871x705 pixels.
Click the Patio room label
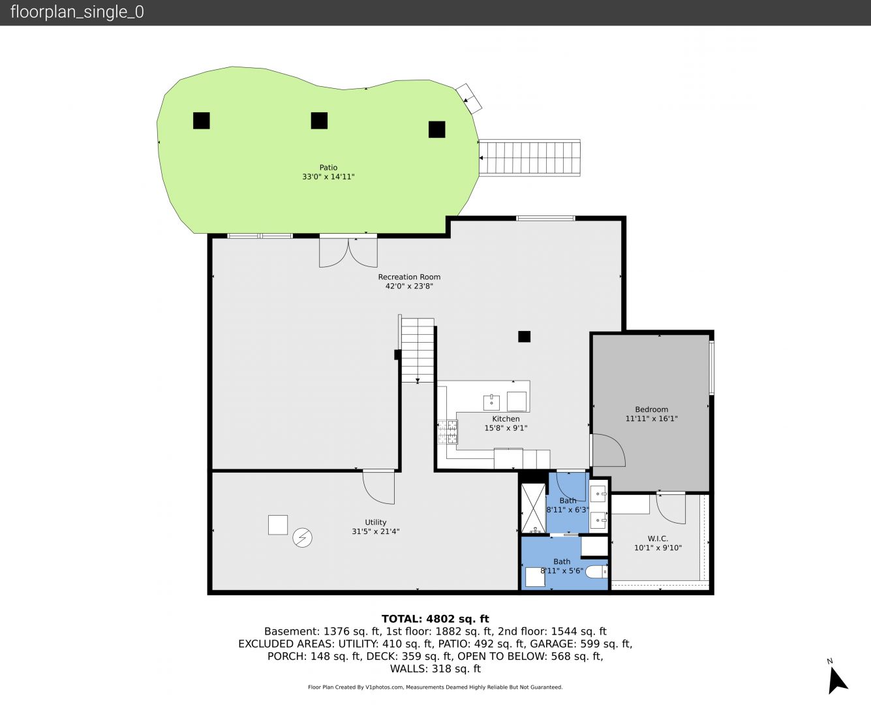coord(328,167)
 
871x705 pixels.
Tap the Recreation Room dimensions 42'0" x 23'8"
coord(409,286)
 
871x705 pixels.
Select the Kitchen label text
coord(506,418)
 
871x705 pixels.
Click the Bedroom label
coord(651,409)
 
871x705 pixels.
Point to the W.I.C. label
coord(658,539)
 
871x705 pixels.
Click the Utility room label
coord(375,522)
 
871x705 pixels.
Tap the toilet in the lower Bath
coord(596,572)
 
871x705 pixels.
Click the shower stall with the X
coord(534,508)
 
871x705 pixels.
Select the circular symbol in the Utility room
coord(302,538)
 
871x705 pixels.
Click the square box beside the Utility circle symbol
coord(278,525)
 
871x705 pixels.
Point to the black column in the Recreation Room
coord(525,336)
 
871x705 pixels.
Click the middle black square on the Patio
coord(319,121)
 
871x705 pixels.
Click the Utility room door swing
coord(378,487)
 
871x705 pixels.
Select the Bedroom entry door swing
coord(609,450)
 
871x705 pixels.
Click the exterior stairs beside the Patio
coord(530,158)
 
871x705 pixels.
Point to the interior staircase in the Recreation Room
coord(417,351)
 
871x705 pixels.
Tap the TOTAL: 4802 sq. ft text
coord(435,619)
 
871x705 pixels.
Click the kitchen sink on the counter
coord(491,403)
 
